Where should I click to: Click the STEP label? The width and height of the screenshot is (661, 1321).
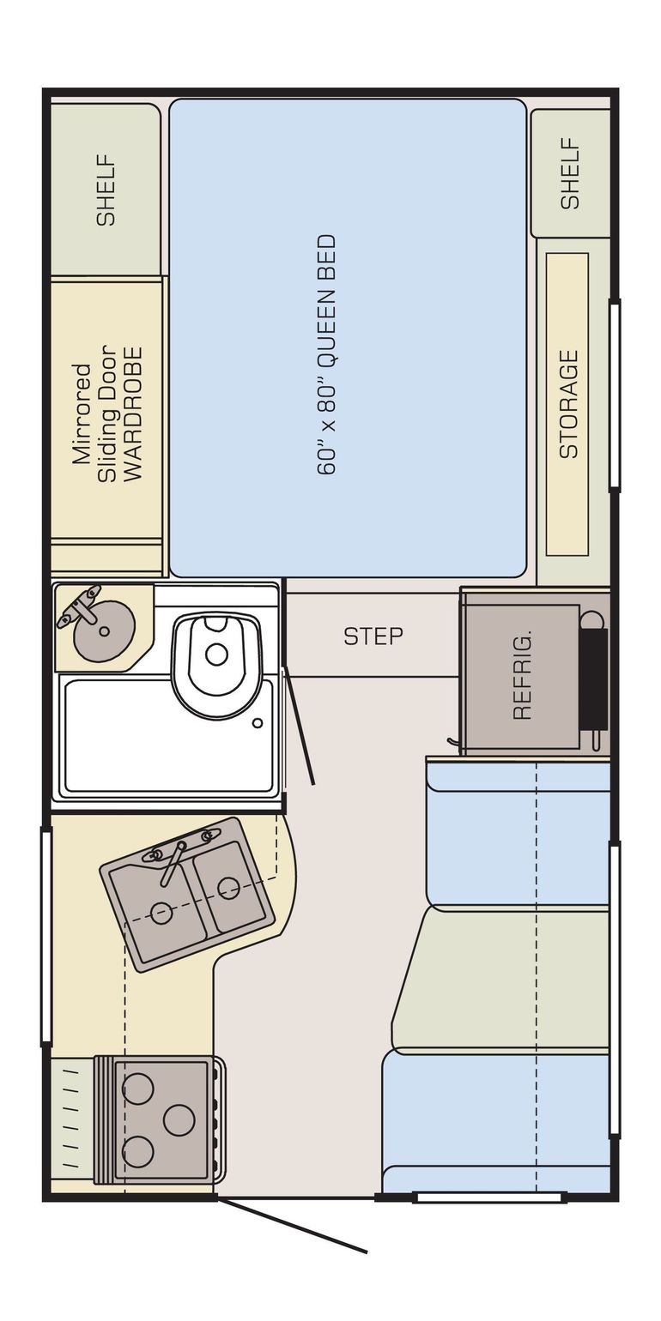pyautogui.click(x=373, y=636)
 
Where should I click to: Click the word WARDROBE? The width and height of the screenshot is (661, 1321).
pyautogui.click(x=135, y=414)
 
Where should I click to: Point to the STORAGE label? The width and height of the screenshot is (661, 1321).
pyautogui.click(x=569, y=404)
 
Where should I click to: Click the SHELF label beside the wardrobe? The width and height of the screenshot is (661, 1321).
pyautogui.click(x=106, y=190)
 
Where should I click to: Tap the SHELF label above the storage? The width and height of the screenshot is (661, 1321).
pyautogui.click(x=570, y=173)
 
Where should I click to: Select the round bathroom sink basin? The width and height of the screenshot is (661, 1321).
pyautogui.click(x=105, y=630)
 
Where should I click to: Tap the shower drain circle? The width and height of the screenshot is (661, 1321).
pyautogui.click(x=257, y=723)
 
